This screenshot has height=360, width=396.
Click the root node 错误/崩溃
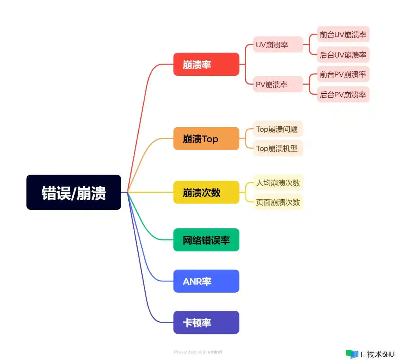point(74,193)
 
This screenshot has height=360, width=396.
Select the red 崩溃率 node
point(206,64)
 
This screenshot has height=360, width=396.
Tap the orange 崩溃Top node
point(206,138)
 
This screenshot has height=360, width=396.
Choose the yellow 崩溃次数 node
point(206,193)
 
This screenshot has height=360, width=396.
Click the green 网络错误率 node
point(206,240)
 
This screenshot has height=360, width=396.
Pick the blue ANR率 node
point(206,281)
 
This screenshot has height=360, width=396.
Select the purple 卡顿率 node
point(206,322)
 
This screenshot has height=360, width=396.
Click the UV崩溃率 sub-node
point(278,44)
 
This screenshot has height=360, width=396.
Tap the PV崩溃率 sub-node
point(278,84)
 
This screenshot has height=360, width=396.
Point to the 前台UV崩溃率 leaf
point(343,34)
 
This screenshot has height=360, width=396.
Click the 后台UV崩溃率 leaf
point(343,55)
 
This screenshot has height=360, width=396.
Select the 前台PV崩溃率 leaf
point(343,74)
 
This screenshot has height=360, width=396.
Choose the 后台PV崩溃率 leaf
point(343,94)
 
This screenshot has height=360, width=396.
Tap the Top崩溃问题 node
point(278,129)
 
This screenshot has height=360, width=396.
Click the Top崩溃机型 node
point(278,148)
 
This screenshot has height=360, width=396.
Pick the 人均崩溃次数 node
point(278,183)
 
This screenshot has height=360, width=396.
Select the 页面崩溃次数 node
point(278,202)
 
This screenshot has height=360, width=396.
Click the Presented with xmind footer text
point(198,352)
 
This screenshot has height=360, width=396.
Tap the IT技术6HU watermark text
point(377,354)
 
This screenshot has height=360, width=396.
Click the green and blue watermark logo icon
point(352,354)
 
